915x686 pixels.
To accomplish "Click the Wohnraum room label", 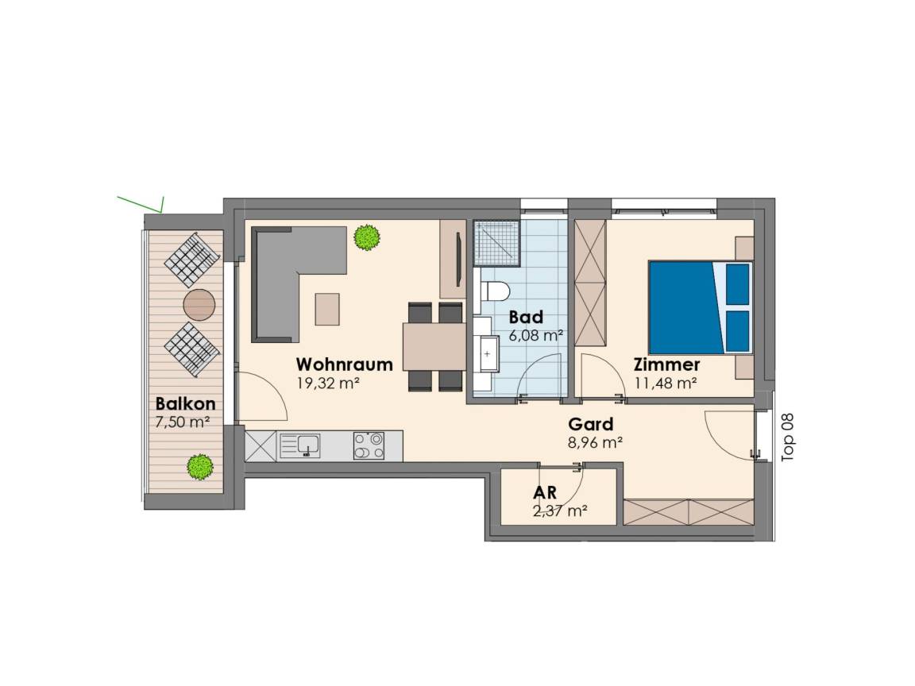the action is click(344, 364).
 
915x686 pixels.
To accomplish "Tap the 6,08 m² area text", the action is click(535, 335).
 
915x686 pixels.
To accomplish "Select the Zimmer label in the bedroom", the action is click(666, 364).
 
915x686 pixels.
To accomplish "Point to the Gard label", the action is click(591, 424).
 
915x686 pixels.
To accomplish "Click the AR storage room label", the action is click(544, 492).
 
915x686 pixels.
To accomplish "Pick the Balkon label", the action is click(186, 403).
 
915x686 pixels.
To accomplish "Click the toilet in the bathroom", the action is click(496, 290).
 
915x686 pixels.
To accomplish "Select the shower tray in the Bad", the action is click(496, 242).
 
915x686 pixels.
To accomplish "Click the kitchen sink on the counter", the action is click(300, 445).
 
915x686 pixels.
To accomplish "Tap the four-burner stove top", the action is click(369, 445).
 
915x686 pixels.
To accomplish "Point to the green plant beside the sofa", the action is click(366, 237).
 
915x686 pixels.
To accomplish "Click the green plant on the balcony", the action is click(200, 467).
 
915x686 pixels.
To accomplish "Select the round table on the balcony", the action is click(199, 305).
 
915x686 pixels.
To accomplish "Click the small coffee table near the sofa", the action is click(327, 309).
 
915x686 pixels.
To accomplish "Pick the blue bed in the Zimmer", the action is click(700, 307).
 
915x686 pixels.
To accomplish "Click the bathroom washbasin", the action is click(487, 353).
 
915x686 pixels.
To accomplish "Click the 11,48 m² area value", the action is click(666, 383).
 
